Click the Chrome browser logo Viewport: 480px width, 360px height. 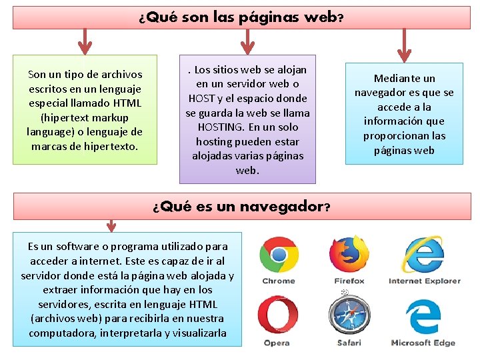(279, 255)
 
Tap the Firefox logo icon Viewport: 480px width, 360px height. (349, 253)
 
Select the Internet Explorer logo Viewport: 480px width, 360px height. (424, 254)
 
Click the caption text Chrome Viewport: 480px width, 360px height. (279, 281)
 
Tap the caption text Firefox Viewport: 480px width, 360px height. (349, 281)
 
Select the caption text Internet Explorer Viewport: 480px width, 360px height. (425, 281)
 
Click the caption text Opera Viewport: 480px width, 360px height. (277, 343)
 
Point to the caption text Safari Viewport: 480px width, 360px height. (349, 343)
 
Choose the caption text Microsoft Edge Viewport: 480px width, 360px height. (423, 343)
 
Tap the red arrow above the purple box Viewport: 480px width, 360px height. (247, 41)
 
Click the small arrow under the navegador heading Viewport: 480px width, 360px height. (111, 225)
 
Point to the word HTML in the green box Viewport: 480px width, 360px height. (127, 103)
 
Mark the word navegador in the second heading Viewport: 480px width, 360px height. (279, 206)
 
